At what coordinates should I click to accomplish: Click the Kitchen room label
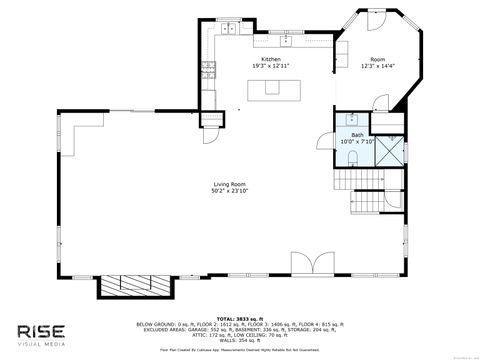coord(271,60)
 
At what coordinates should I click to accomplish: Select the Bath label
coord(357,134)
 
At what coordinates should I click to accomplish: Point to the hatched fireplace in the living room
coord(132,285)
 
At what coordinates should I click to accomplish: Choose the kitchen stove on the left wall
coord(210,70)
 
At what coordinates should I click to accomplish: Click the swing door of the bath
coord(378,105)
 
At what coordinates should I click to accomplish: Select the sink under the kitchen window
coord(286,42)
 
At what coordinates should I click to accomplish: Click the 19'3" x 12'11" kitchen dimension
coord(271,67)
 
